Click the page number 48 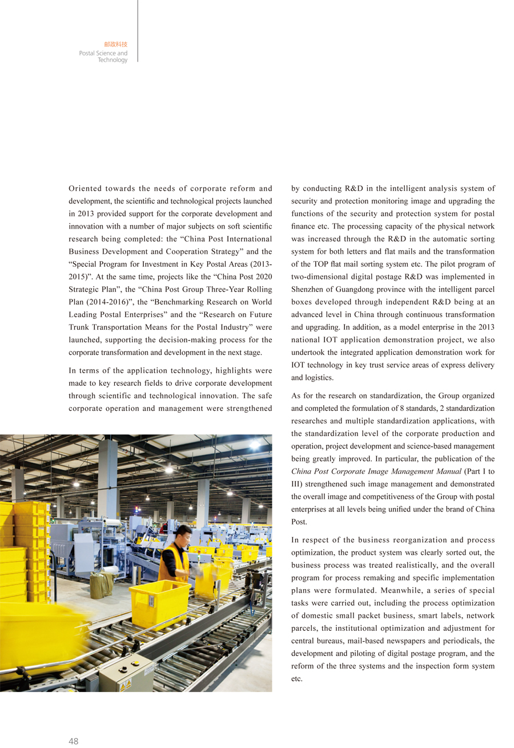pos(73,741)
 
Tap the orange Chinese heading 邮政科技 pos(116,44)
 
